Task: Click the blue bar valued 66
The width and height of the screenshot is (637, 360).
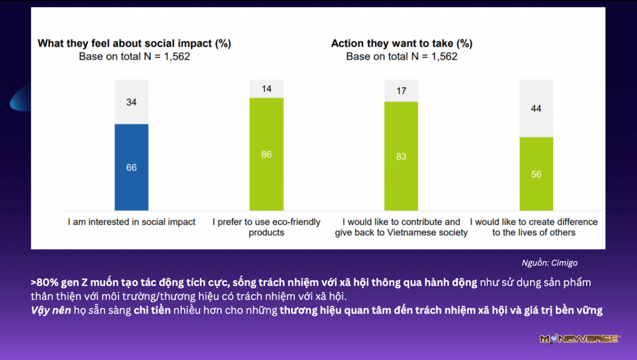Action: coord(131,167)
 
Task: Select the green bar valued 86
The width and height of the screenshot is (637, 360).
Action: coord(266,154)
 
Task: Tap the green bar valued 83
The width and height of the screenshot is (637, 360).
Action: coord(401,156)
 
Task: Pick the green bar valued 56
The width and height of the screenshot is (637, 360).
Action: coord(536,173)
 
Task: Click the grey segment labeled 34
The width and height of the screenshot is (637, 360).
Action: coord(131,102)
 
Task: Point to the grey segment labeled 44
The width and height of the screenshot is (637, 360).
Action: coord(536,108)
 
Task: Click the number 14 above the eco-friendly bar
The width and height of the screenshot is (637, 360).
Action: coord(266,89)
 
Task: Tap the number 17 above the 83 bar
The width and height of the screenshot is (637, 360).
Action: coord(401,91)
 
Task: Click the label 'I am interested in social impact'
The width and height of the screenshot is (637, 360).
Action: coord(132,222)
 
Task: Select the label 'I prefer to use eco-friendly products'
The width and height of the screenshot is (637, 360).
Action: coord(266,227)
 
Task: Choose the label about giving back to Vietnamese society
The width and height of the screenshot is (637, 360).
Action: coord(401,227)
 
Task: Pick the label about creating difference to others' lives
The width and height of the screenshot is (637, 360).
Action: coord(534,227)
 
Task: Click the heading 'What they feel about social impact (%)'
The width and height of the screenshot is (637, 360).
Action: coord(134,43)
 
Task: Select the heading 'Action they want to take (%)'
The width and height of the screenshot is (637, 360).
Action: coord(401,43)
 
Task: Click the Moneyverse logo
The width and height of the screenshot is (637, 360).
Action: coord(580,339)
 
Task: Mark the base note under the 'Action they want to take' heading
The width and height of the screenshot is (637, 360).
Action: coord(401,56)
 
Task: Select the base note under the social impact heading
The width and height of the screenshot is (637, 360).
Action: coord(134,56)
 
